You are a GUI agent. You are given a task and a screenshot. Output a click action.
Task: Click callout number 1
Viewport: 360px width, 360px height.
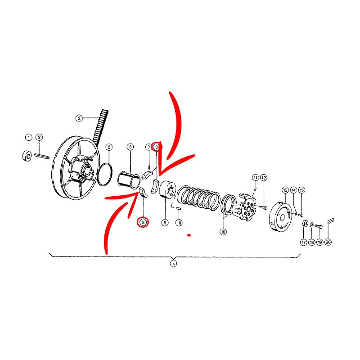point(29,138)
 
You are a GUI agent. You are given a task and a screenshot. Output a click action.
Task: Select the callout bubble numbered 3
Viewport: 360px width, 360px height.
point(79,118)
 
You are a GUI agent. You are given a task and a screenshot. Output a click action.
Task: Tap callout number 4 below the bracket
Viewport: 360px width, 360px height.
point(173,263)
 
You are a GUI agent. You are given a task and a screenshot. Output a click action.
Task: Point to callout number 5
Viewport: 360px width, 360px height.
point(109,147)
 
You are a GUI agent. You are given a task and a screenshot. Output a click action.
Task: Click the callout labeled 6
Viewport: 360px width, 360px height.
point(130,147)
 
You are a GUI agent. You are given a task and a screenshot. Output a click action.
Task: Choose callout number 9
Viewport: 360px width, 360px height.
point(165,222)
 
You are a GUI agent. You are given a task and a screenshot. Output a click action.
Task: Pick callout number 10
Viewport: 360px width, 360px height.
point(179,222)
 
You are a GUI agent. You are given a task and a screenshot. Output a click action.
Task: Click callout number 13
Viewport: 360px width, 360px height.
point(285,190)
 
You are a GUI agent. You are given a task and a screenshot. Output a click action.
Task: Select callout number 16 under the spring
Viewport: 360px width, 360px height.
point(223,232)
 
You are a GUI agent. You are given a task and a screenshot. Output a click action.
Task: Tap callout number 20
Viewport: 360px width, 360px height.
point(328,242)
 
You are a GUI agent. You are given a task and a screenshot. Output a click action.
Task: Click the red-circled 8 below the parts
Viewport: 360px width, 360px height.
point(143,222)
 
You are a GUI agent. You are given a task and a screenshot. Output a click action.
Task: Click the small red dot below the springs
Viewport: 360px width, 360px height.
point(189,235)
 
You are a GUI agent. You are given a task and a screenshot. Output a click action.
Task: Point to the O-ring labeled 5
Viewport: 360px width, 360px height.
point(105,174)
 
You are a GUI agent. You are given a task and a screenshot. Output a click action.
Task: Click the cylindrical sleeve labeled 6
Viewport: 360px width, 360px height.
point(129,181)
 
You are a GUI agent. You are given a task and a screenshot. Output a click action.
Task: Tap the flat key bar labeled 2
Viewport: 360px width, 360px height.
point(41,156)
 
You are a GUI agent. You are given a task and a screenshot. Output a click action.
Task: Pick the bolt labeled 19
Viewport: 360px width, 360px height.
point(319,227)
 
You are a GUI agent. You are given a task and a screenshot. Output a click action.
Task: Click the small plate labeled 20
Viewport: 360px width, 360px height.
point(331,221)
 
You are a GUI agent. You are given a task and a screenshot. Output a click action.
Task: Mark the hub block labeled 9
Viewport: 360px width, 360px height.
point(167,189)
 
